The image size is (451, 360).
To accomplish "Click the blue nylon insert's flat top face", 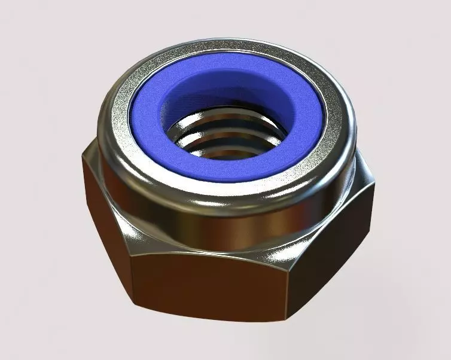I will (x=150, y=120).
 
